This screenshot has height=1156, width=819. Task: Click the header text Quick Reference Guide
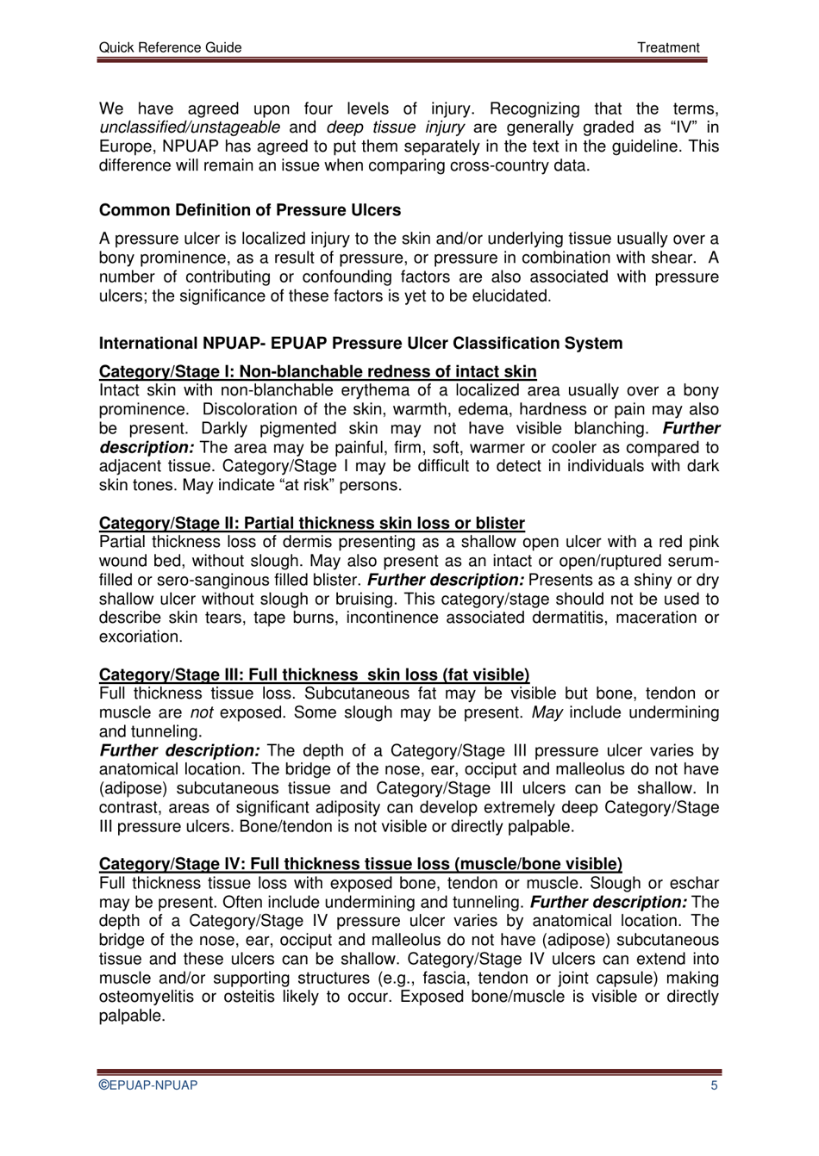coord(170,47)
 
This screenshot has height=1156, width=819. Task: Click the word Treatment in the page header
coord(668,47)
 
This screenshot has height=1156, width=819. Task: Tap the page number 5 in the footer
coord(714,1085)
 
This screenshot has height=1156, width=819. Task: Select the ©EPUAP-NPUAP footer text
coord(148,1085)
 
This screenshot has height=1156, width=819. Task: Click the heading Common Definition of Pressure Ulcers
coord(250,210)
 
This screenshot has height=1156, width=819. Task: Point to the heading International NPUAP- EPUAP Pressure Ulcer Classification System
coord(360,343)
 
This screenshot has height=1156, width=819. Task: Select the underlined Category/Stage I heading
coord(317,371)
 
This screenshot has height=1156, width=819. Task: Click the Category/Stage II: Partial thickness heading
coord(311,523)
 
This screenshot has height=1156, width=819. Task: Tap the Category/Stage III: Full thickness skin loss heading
coord(314,674)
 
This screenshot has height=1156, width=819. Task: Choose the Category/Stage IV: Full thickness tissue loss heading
coord(360,864)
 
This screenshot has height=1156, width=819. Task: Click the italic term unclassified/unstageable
coord(190,127)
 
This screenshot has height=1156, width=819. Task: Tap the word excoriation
coord(141,637)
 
